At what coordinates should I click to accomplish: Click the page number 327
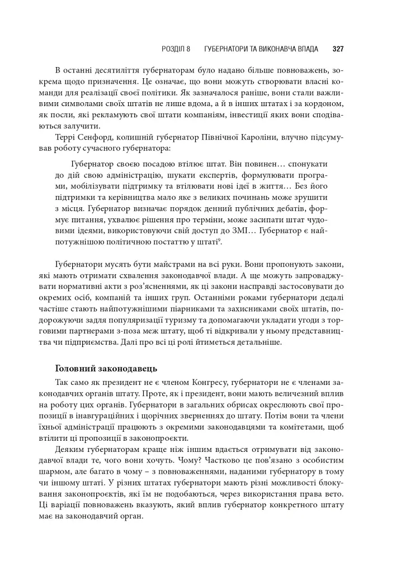[337, 49]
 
